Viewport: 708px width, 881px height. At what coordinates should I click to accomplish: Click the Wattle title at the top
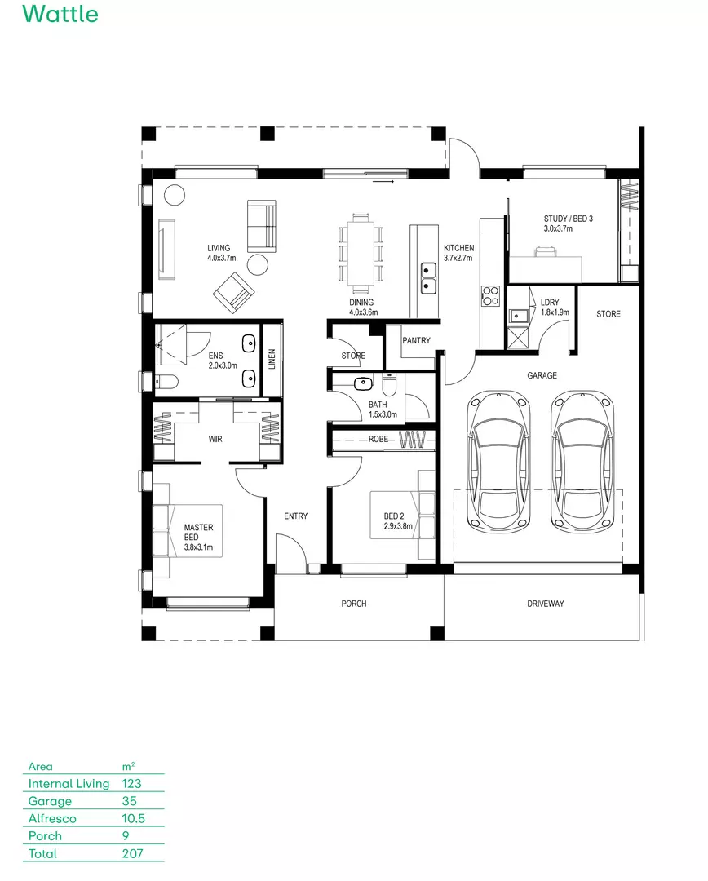60,15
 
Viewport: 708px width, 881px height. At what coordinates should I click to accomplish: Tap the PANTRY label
416,341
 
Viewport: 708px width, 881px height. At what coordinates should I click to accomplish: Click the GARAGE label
542,375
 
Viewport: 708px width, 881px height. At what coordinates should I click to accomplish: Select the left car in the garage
498,461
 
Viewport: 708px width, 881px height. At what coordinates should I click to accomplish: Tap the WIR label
215,439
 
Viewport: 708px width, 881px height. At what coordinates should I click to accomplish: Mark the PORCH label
353,604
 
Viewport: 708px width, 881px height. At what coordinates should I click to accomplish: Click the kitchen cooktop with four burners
490,295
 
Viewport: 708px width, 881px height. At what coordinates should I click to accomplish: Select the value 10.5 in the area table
133,818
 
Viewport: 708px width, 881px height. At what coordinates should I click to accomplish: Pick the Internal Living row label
69,783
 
